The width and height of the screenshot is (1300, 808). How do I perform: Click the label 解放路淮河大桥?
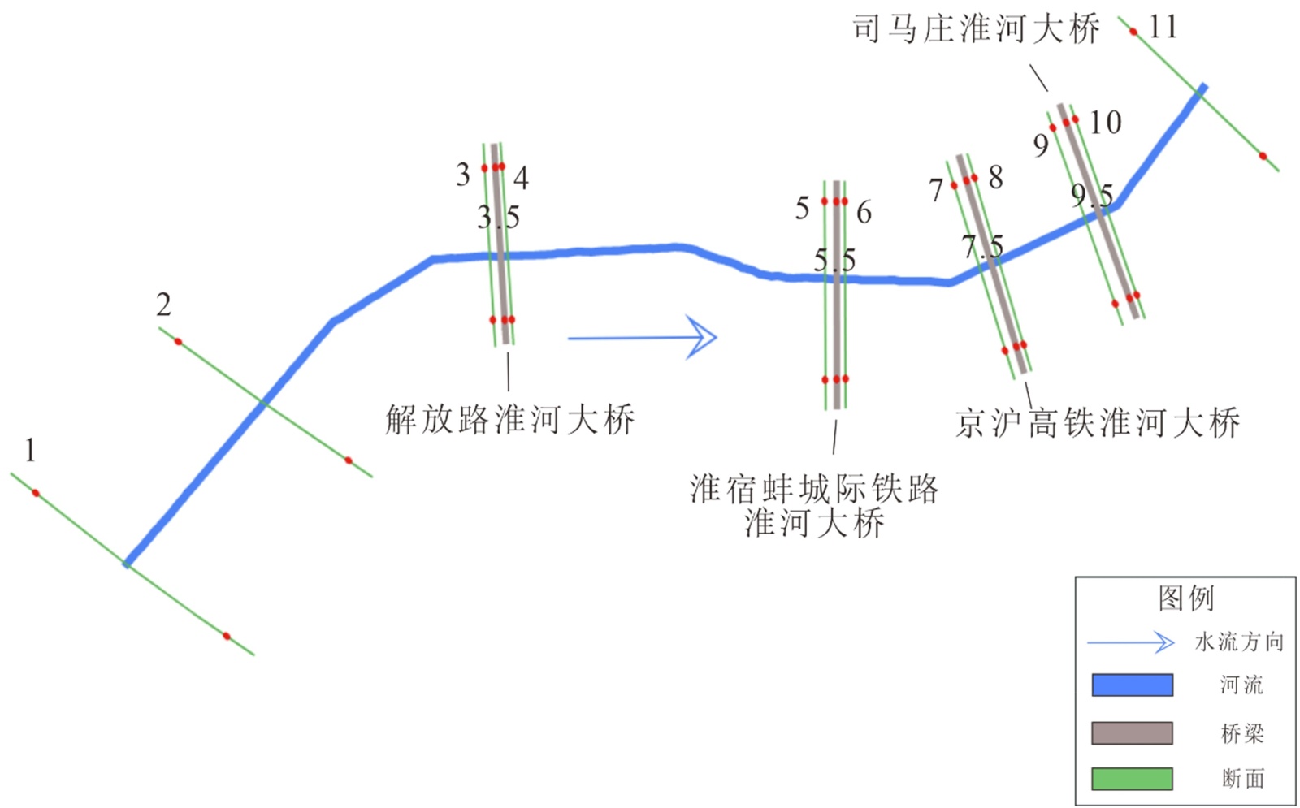coord(509,420)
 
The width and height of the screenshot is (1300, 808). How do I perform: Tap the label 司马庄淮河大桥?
coord(976,29)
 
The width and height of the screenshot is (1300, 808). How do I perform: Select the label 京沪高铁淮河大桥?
coord(1097,423)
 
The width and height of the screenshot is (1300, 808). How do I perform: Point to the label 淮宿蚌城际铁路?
coord(814,489)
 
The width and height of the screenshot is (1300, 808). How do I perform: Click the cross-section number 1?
coord(30,450)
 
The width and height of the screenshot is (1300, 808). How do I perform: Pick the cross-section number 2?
coord(163,305)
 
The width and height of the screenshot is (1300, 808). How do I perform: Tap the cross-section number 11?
coord(1163,28)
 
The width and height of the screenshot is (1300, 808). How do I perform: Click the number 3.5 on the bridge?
coord(498,218)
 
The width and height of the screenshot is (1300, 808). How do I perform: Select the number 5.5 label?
coord(834,260)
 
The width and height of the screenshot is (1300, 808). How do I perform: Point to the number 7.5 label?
coord(982,246)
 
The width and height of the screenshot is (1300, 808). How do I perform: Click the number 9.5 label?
coord(1091,195)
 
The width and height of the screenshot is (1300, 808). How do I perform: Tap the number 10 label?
coord(1105,123)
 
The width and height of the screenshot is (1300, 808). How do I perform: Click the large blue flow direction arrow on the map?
coord(642,337)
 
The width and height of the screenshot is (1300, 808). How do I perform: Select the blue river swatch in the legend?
coord(1132,685)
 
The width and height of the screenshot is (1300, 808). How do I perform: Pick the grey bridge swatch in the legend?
coord(1132,733)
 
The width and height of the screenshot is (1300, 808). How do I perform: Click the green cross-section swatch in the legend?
coord(1132,779)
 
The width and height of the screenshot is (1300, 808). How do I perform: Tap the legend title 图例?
coord(1185,598)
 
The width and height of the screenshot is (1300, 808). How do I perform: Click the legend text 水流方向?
coord(1239,642)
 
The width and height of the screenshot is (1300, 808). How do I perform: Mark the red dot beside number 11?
coord(1133,32)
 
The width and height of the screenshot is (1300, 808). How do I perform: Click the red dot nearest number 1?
coord(36,493)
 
